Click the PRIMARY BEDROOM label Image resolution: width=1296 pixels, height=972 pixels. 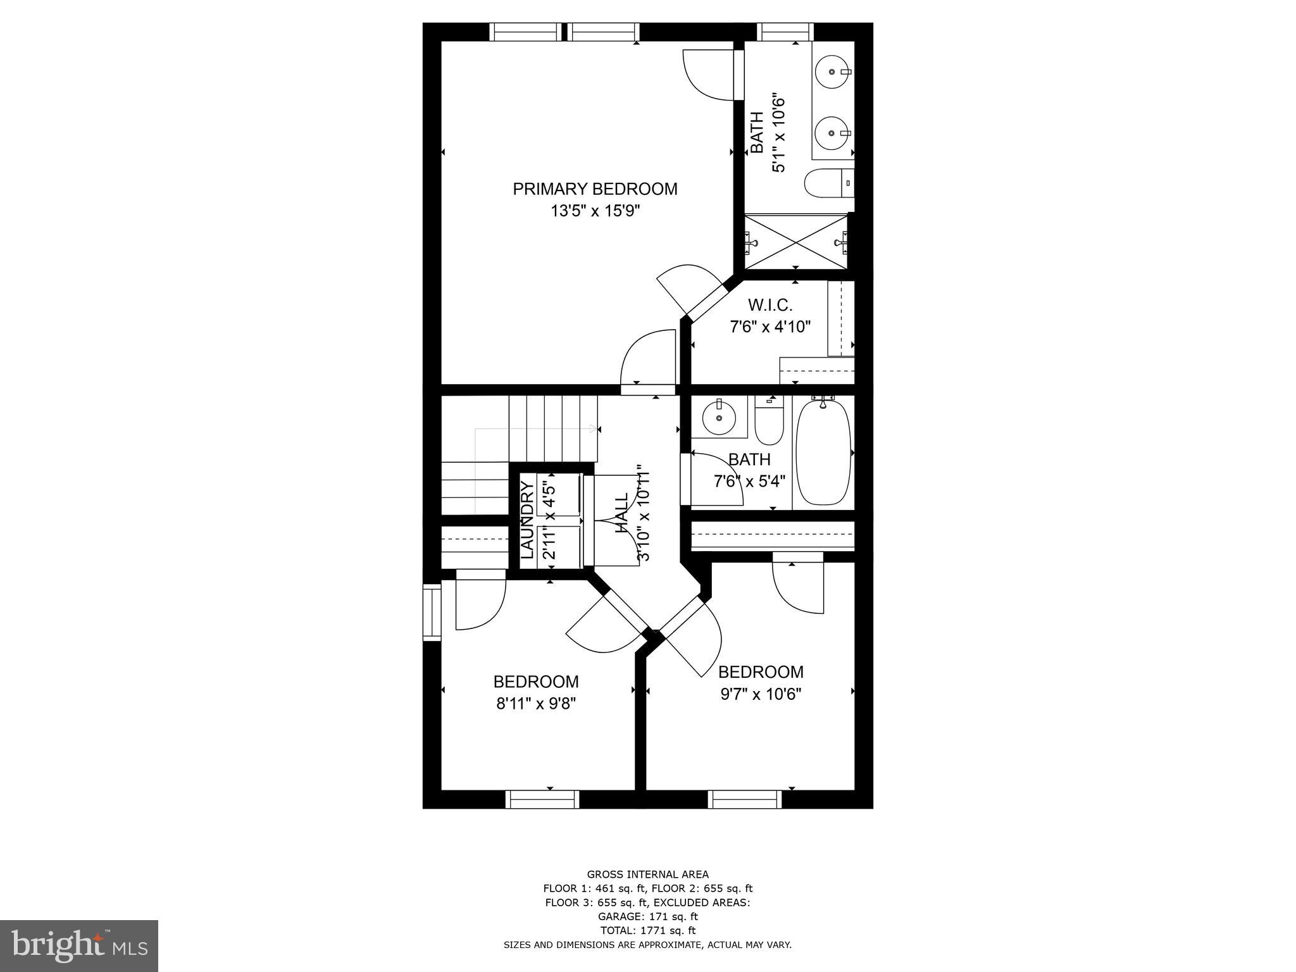click(x=594, y=189)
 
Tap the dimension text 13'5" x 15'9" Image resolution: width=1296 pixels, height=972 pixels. click(x=595, y=211)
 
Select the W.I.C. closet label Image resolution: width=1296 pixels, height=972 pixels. click(x=769, y=305)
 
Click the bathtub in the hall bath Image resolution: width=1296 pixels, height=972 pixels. click(x=823, y=452)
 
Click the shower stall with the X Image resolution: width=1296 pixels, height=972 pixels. click(x=796, y=242)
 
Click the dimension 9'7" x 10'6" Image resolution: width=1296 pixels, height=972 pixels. click(x=761, y=694)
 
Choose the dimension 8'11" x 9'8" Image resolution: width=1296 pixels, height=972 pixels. click(x=535, y=704)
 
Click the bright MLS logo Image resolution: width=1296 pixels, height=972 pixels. click(x=79, y=946)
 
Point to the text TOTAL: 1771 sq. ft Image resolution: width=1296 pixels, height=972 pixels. click(x=647, y=930)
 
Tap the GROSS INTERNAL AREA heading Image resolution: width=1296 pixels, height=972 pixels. click(x=647, y=875)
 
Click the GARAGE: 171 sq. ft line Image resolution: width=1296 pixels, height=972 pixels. click(x=647, y=916)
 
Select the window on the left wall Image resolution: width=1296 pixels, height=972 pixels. click(x=432, y=613)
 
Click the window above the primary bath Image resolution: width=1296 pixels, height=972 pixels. click(x=785, y=32)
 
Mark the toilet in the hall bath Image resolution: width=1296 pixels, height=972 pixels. click(x=769, y=421)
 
